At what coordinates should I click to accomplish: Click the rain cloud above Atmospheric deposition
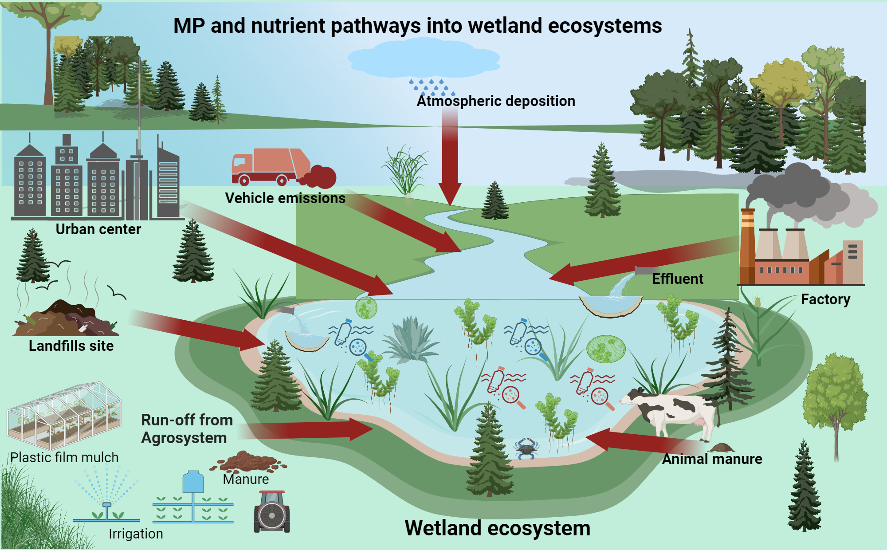point(424,58)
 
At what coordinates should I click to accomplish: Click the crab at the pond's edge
point(526,448)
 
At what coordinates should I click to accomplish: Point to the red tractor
point(272,512)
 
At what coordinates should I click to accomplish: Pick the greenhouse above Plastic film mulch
point(64,415)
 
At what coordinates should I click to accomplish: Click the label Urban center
point(98,229)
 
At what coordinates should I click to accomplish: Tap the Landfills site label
point(71,346)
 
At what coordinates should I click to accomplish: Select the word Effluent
point(677,279)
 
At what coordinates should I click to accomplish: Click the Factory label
point(825,299)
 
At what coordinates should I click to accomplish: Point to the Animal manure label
point(712,459)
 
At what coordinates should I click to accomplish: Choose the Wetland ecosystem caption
point(497,528)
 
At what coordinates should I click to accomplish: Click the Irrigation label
point(136,534)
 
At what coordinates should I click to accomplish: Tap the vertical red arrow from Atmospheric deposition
point(450,155)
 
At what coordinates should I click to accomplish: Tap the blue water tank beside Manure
point(193,483)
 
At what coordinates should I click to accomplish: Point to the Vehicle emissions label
point(285,198)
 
